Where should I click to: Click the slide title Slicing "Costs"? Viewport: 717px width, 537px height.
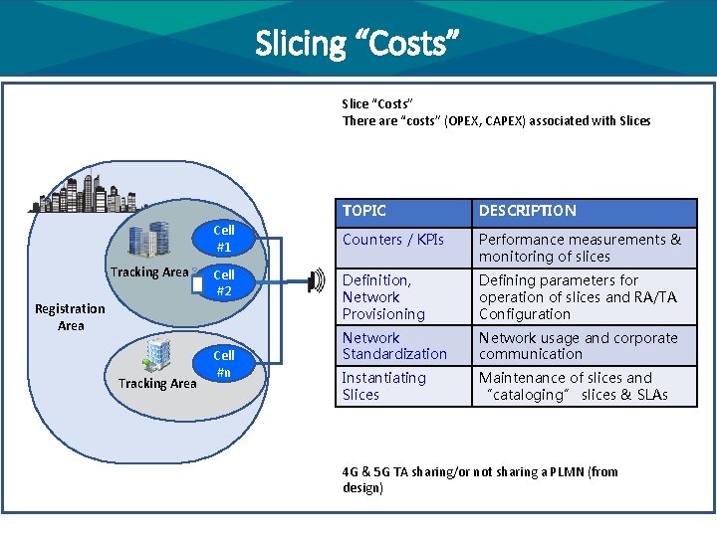(x=358, y=43)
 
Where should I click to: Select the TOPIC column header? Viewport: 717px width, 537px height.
(x=364, y=211)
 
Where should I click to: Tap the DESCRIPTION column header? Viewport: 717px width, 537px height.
(x=527, y=211)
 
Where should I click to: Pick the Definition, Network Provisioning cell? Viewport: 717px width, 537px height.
(x=383, y=297)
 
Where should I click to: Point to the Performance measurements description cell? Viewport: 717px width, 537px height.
(x=580, y=248)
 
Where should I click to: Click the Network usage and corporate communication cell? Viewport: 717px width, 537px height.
(x=578, y=346)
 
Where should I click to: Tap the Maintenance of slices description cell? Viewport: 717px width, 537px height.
(x=573, y=386)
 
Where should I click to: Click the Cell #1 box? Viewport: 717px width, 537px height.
(x=224, y=239)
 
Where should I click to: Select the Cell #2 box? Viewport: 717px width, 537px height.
(x=224, y=282)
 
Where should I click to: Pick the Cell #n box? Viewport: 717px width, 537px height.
(x=224, y=363)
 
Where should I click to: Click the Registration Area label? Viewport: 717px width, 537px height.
(x=70, y=317)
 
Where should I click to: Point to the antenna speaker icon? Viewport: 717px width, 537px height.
(x=317, y=282)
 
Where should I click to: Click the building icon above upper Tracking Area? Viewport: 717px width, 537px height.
(x=148, y=240)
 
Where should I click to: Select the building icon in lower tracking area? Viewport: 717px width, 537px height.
(x=158, y=353)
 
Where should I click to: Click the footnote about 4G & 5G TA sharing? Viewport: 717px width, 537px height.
(x=479, y=480)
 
